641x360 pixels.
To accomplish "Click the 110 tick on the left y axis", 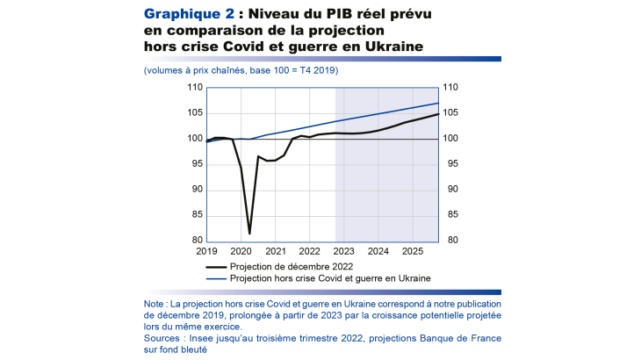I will (195, 88).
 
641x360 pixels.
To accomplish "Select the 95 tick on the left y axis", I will (197, 164).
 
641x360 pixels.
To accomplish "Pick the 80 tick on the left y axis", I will (197, 241).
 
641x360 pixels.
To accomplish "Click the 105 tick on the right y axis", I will (450, 113).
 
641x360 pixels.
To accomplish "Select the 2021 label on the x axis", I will (275, 251).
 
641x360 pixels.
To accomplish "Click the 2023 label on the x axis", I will (344, 251).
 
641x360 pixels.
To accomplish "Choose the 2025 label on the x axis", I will (413, 251).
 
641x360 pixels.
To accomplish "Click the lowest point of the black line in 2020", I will (249, 234).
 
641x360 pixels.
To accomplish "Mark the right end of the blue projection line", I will (438, 104).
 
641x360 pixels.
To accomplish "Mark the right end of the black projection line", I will (438, 114).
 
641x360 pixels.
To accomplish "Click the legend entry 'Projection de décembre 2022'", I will (289, 266).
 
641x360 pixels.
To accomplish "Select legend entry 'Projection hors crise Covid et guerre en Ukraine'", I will (330, 278).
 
